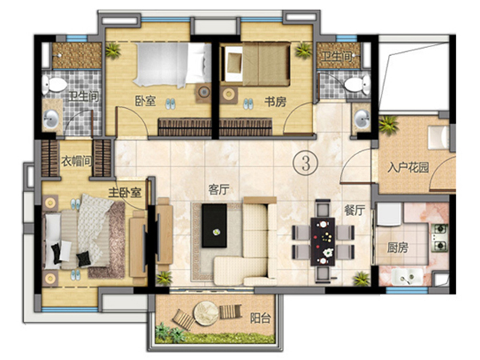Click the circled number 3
pyautogui.click(x=306, y=163)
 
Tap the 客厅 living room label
pyautogui.click(x=218, y=190)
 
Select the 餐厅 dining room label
pyautogui.click(x=354, y=210)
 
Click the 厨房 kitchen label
pyautogui.click(x=398, y=247)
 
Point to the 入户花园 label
pyautogui.click(x=408, y=167)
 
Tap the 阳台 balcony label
pyautogui.click(x=261, y=318)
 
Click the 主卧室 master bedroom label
pyautogui.click(x=125, y=193)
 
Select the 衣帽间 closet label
pyautogui.click(x=77, y=161)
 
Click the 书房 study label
pyautogui.click(x=275, y=102)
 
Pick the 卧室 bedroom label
pyautogui.click(x=146, y=101)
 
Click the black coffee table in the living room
pyautogui.click(x=214, y=226)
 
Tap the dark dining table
pyautogui.click(x=322, y=242)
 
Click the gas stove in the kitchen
pyautogui.click(x=439, y=238)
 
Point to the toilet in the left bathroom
pyautogui.click(x=54, y=84)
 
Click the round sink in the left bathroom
pyautogui.click(x=51, y=119)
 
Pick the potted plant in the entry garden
pyautogui.click(x=388, y=125)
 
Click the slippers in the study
pyautogui.click(x=248, y=104)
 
